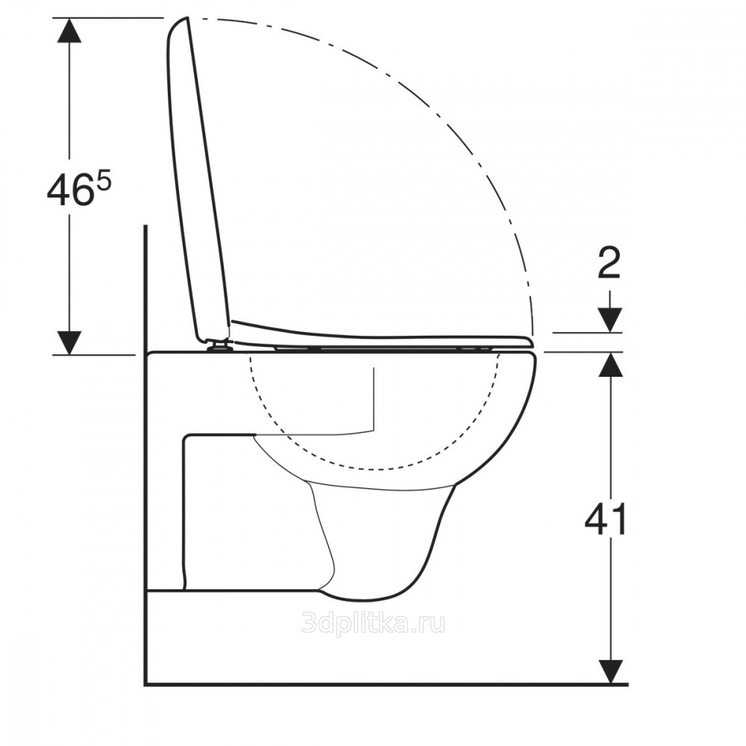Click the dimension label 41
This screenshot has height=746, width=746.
click(606, 519)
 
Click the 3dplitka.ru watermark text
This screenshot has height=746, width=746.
click(374, 623)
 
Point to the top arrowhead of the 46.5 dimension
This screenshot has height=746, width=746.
click(69, 31)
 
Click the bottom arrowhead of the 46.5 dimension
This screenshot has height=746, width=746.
click(69, 342)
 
